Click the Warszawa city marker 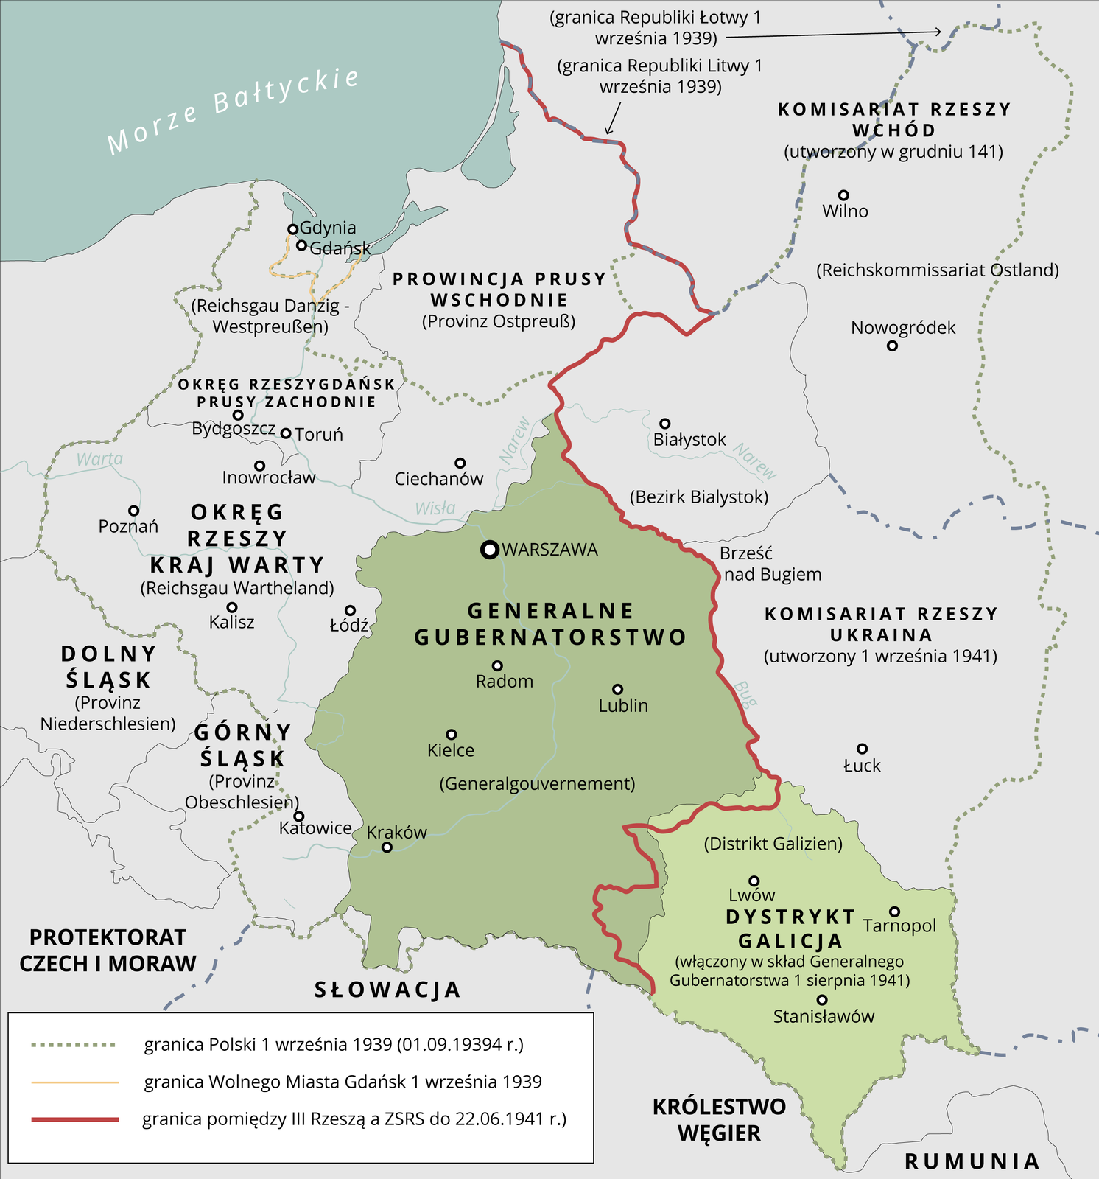489,550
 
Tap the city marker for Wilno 844,195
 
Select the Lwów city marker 754,881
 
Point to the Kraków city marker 387,847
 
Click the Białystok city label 689,440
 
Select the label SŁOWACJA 387,990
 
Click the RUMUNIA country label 972,1161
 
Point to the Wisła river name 435,508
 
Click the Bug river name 745,694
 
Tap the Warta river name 99,459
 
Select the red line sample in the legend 74,1119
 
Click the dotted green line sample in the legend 74,1045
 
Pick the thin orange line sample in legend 74,1082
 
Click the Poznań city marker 134,511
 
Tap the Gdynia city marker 292,229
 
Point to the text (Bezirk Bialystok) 699,497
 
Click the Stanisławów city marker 822,1000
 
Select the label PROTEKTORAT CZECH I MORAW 108,951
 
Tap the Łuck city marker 862,749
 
